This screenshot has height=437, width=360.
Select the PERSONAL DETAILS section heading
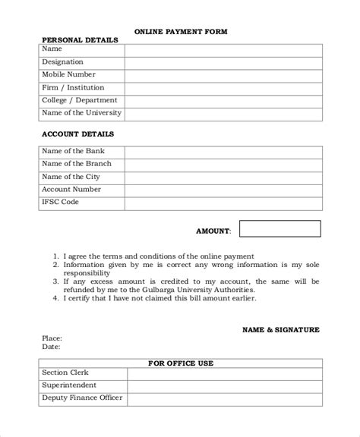point(80,39)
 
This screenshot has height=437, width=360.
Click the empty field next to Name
point(223,49)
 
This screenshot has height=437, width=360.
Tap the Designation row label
point(63,61)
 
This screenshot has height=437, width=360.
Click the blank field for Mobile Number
point(223,74)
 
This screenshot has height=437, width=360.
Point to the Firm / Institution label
point(73,87)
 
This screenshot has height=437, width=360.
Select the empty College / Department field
point(223,100)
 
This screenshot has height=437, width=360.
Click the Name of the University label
point(81,113)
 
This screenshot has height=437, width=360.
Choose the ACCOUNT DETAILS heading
point(77,134)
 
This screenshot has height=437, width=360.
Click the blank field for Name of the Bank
point(223,151)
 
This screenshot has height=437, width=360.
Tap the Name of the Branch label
point(76,164)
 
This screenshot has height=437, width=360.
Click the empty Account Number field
point(223,190)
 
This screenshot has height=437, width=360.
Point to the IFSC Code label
point(60,203)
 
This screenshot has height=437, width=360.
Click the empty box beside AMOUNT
point(280,229)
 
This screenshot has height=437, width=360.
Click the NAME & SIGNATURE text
point(280,330)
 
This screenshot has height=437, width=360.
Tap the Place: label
point(52,338)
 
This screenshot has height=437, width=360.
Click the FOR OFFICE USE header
point(180,363)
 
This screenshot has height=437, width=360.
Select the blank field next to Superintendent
point(224,385)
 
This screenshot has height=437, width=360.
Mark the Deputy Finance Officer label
point(82,398)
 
